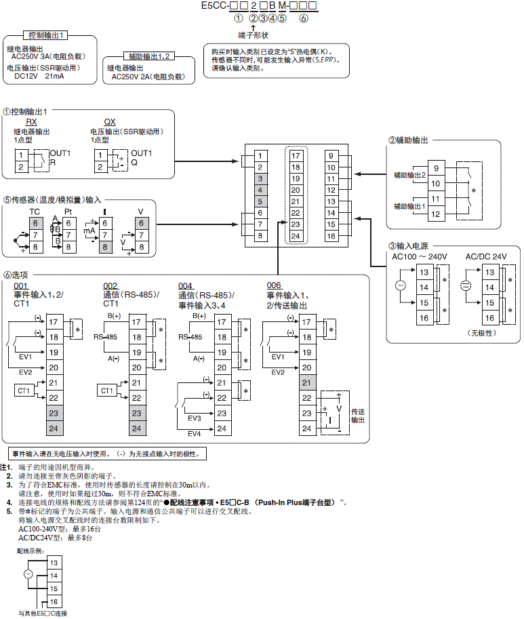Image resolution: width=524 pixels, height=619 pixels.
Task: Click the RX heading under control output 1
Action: point(32,122)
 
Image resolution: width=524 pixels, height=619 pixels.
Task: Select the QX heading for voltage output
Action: point(110,122)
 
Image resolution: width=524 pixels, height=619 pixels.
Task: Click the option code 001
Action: point(21,285)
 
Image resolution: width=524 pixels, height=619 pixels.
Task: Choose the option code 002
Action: point(110,285)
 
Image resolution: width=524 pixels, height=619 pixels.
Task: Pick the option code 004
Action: point(186,285)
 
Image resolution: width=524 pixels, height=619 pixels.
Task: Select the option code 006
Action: point(274,285)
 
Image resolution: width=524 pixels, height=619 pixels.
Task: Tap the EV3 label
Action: point(195,418)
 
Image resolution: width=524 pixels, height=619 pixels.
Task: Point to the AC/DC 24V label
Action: point(485,256)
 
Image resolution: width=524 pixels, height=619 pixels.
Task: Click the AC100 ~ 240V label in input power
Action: point(420,256)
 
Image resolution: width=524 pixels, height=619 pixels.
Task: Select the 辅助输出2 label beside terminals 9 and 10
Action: point(409,175)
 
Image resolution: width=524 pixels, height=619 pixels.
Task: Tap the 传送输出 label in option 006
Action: point(358,416)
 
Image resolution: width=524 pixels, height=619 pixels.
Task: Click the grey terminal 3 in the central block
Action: point(260,178)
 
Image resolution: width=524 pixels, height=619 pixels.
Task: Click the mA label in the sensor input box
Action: point(89,231)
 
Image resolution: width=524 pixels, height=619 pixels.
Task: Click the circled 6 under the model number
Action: point(304,18)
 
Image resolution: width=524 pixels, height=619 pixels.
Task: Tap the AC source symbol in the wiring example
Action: point(28,574)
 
